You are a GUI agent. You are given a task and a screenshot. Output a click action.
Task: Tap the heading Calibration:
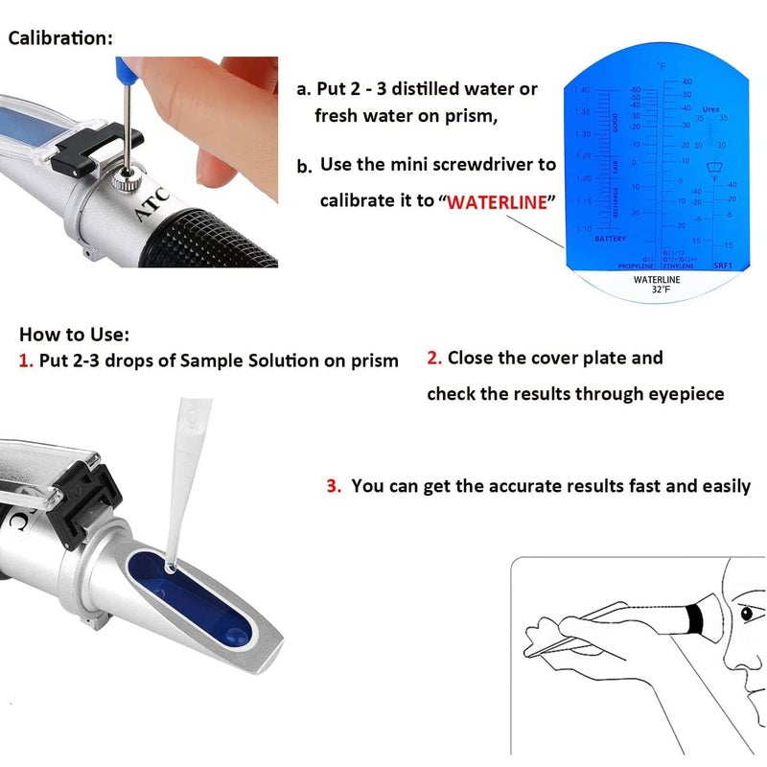point(60,38)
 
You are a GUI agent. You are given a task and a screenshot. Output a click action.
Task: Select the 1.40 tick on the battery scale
point(582,90)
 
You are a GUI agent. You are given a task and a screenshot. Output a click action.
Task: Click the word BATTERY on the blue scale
point(611,238)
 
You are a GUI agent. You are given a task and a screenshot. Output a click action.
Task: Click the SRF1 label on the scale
point(724,264)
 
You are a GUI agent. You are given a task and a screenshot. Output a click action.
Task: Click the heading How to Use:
point(74,335)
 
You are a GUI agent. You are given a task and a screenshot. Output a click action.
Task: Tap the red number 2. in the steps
point(434,358)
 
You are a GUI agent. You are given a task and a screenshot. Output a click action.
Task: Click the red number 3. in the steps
point(334,486)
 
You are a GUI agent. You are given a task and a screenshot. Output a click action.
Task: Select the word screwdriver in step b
point(489,164)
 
